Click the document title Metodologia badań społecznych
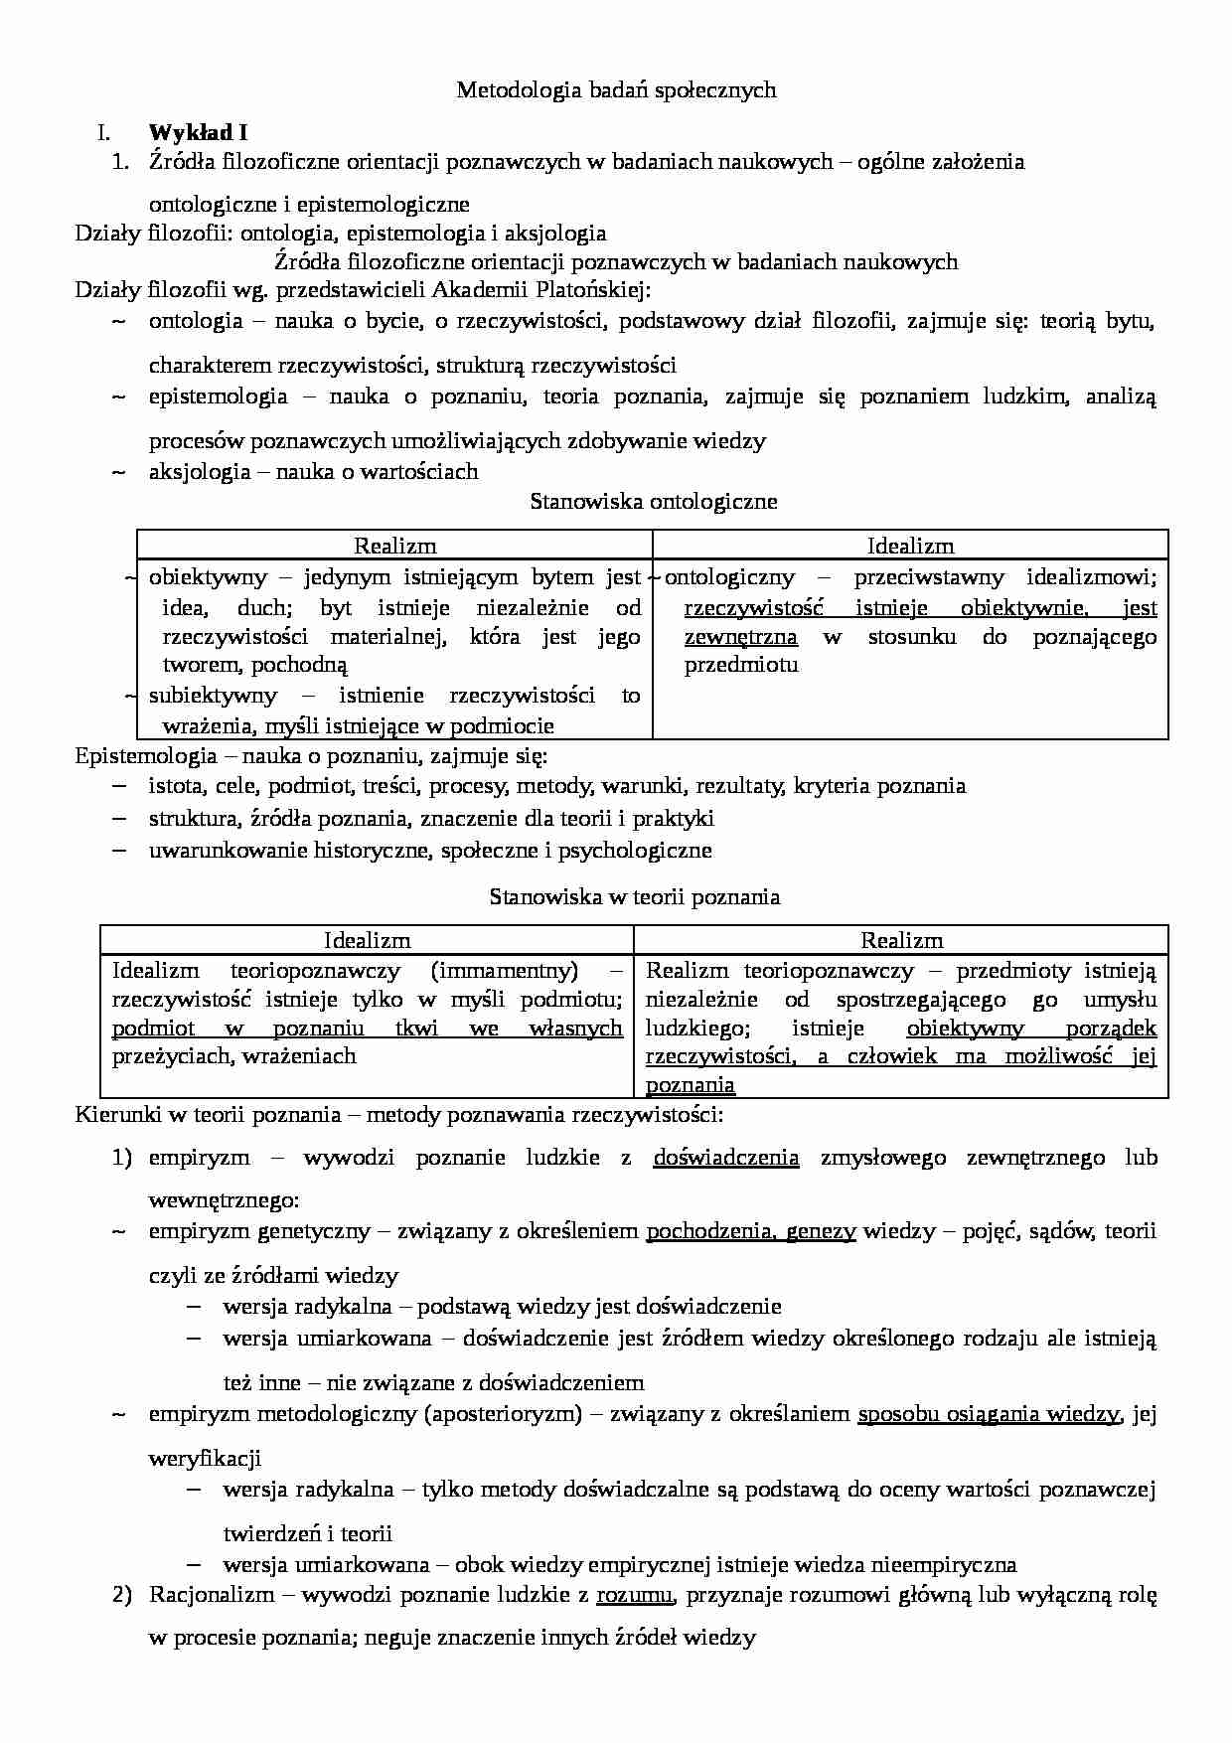pyautogui.click(x=615, y=90)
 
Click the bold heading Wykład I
pyautogui.click(x=198, y=132)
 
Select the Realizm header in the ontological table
pyautogui.click(x=394, y=546)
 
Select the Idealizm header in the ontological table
pyautogui.click(x=910, y=546)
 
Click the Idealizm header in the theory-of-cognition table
pyautogui.click(x=367, y=940)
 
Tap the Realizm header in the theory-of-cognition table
pyautogui.click(x=901, y=940)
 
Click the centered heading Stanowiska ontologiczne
pyautogui.click(x=654, y=501)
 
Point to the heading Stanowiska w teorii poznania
pyautogui.click(x=635, y=896)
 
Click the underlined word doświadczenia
pyautogui.click(x=725, y=1157)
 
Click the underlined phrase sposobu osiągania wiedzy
pyautogui.click(x=989, y=1413)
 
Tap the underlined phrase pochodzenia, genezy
pyautogui.click(x=750, y=1231)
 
